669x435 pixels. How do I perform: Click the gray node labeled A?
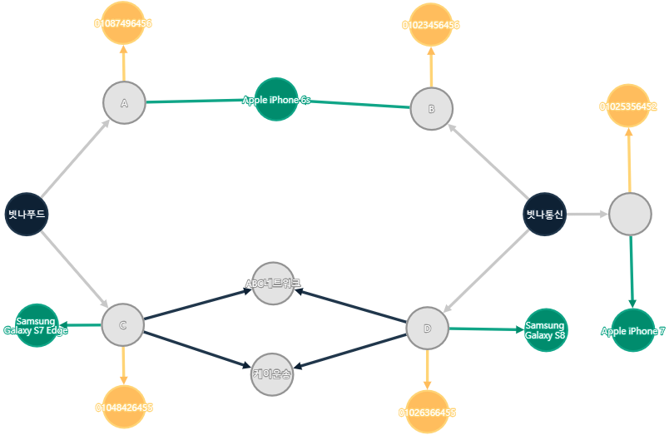click(x=124, y=103)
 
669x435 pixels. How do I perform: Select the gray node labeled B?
click(x=431, y=109)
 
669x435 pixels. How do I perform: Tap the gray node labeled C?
click(x=123, y=324)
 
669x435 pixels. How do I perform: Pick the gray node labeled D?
click(x=428, y=329)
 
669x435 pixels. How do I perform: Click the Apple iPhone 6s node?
click(x=276, y=100)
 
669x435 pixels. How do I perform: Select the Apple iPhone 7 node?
click(x=632, y=330)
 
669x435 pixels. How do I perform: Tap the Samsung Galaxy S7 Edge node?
click(x=37, y=325)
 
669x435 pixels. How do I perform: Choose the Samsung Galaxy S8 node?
click(x=545, y=330)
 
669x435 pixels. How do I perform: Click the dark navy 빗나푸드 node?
click(x=27, y=214)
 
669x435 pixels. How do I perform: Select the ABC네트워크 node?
click(x=273, y=284)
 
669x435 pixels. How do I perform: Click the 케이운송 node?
click(x=272, y=373)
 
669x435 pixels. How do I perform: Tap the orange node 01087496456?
click(x=123, y=23)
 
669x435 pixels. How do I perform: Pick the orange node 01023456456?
click(x=431, y=25)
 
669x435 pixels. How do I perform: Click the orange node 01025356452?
click(x=628, y=106)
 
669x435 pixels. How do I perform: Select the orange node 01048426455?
click(x=123, y=408)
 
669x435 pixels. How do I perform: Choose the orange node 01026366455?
click(x=427, y=412)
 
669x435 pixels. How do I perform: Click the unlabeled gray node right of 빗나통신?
click(x=630, y=215)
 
